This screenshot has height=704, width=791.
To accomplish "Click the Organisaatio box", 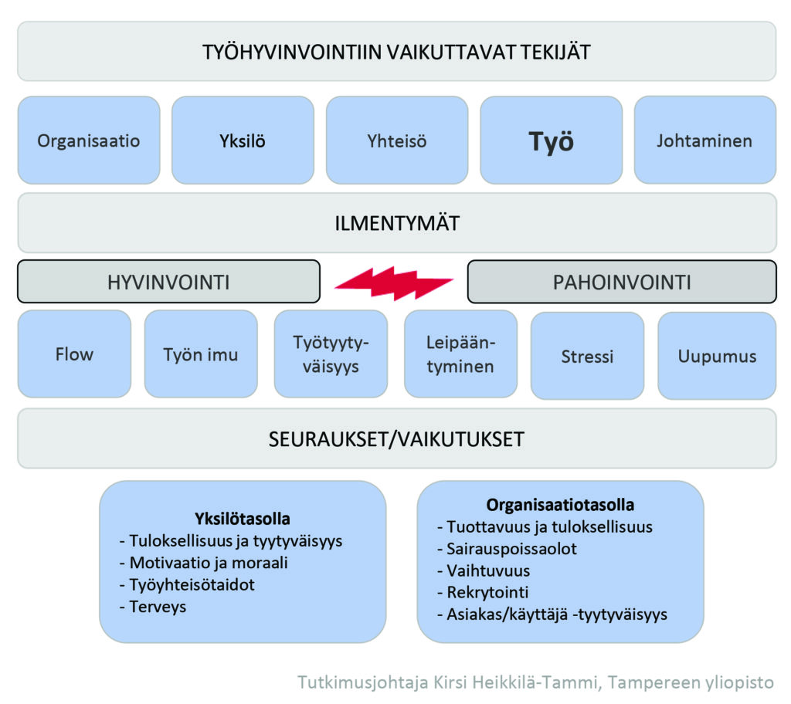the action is [89, 140].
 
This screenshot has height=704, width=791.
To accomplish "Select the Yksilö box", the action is [243, 140].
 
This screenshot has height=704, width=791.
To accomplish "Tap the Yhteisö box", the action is [397, 140].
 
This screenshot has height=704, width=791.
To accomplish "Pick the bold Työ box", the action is [551, 140].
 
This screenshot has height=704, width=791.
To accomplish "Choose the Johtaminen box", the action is [704, 140].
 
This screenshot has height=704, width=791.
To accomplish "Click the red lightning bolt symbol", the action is [394, 283].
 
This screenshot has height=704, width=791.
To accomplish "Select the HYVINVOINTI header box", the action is [168, 282].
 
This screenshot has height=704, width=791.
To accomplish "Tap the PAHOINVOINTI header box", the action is [622, 282].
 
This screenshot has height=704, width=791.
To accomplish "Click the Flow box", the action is [74, 354].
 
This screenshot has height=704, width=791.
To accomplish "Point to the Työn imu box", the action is [201, 354].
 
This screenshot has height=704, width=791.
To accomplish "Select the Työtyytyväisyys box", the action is [331, 354].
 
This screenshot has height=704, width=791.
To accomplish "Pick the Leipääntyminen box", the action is [460, 354].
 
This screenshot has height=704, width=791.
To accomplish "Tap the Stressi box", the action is [587, 356].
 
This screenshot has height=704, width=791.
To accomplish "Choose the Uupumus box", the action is [717, 356].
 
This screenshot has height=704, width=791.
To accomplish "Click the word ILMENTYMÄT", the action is [397, 223].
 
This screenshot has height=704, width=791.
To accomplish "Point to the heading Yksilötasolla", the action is [242, 519].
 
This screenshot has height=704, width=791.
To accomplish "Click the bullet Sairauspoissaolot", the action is [507, 549].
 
